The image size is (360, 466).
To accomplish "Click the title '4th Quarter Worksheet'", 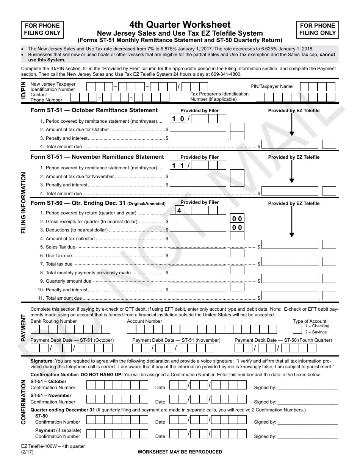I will coord(180,25).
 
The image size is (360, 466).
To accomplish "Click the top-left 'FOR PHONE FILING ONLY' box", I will coord(42,29).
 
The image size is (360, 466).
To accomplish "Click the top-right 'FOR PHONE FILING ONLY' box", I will coord(317,29).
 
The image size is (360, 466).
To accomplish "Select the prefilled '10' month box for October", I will coord(178,119).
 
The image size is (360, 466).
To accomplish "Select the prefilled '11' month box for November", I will coord(178,166).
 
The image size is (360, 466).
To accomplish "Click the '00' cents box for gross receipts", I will coord(237,219).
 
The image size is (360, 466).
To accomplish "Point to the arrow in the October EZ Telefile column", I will coord(292,125).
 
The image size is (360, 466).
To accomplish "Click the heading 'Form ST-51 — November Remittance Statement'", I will coord(97,157).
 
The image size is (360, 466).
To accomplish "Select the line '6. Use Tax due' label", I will coord(59,256).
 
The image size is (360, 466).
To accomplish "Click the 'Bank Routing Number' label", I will coord(53,321).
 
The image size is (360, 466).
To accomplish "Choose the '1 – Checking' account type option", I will coord(317,326).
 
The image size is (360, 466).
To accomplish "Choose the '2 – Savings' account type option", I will coord(316,332).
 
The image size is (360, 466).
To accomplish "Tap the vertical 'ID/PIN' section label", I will coord(23,91).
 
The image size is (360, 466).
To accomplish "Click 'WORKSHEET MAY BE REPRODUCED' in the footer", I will coord(180,452).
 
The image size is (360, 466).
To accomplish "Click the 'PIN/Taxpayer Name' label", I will coord(271,86).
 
